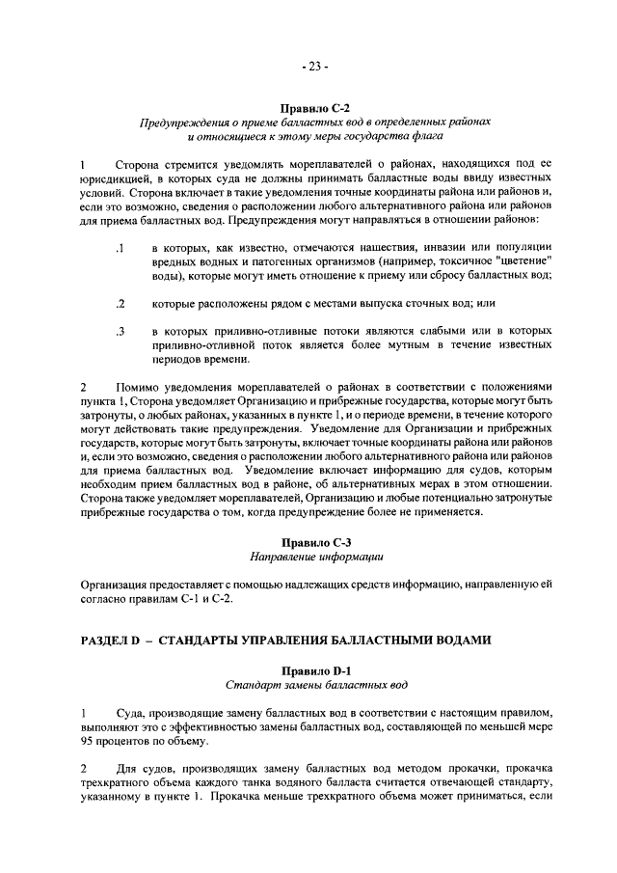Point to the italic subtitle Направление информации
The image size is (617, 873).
pos(315,557)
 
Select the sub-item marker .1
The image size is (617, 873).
pos(120,250)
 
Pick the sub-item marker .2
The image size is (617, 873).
pos(120,304)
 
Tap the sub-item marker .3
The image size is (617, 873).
pos(120,331)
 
